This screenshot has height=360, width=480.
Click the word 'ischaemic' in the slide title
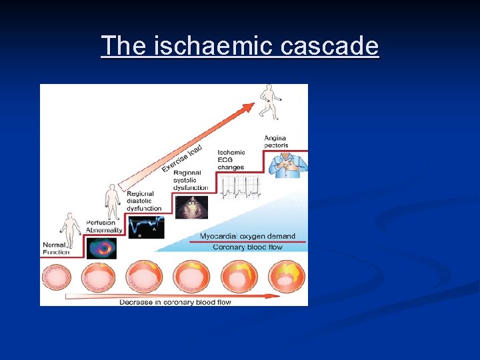point(209,46)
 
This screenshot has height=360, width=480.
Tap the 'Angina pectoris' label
point(275,141)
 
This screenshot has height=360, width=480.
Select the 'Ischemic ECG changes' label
point(231,160)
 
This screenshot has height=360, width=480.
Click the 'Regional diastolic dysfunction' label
point(144,201)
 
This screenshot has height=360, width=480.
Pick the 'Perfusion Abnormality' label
point(104,226)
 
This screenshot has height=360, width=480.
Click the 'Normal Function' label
point(56,248)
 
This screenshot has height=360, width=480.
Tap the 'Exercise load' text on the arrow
point(181,158)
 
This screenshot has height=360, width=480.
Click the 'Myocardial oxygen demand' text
point(247,237)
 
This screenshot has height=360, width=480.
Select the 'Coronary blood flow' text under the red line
point(247,247)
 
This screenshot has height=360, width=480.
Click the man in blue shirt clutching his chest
point(288,163)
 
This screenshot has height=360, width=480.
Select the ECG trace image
point(241,187)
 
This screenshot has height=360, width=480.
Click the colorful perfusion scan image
point(101,248)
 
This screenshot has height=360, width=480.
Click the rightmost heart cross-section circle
point(287,277)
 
